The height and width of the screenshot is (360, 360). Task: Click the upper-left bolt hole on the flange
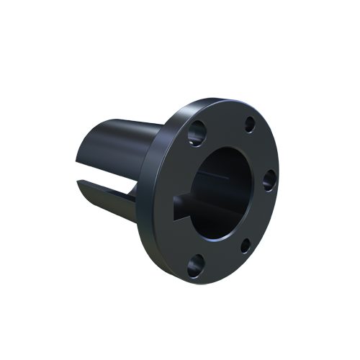(x=196, y=133)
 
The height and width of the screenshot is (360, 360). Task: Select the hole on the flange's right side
(x=269, y=179)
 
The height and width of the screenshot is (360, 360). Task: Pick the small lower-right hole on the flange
(x=245, y=246)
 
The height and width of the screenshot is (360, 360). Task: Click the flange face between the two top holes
(x=223, y=122)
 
